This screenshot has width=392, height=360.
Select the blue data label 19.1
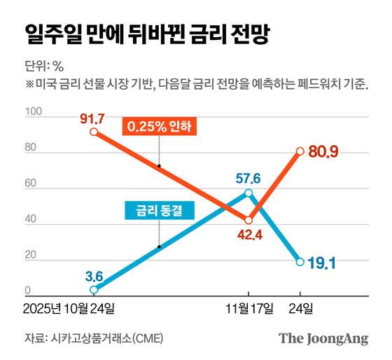tap(323, 263)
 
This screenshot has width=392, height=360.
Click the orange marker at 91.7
tap(94, 132)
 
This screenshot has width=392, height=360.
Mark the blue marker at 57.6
tap(248, 193)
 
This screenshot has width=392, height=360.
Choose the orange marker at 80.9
tap(300, 151)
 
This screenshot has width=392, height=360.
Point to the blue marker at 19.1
tap(300, 261)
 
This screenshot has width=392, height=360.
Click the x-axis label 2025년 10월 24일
tap(69, 308)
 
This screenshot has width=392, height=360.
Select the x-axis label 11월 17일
tap(248, 308)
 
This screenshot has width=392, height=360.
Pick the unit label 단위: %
tap(44, 67)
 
